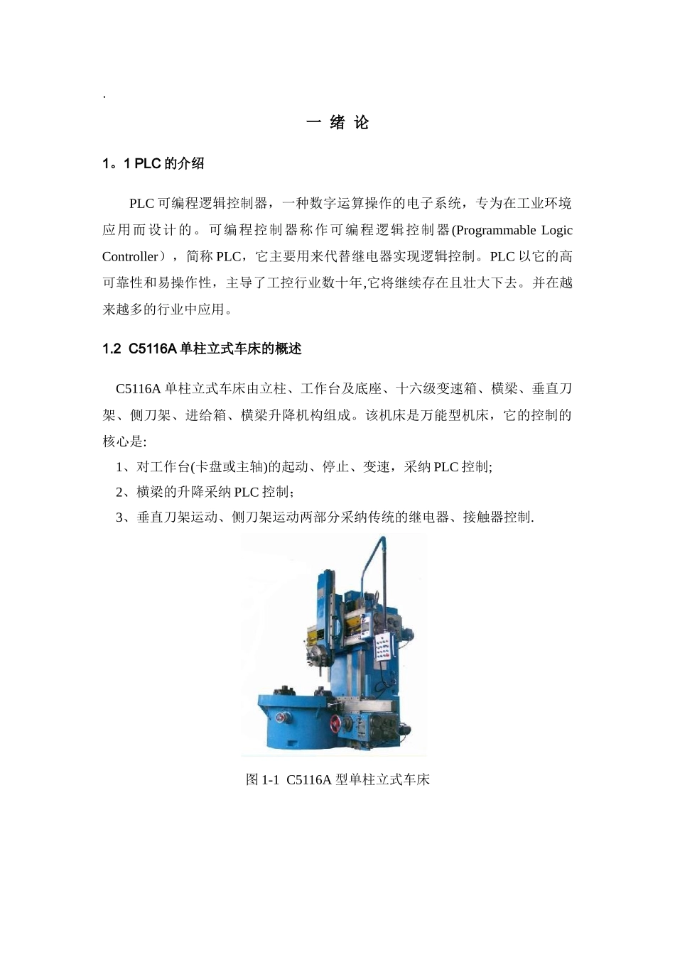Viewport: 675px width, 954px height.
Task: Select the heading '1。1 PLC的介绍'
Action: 153,163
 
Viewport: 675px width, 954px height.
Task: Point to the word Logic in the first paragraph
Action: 557,230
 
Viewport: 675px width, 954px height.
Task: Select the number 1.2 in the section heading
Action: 112,349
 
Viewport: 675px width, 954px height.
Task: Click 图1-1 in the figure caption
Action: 262,779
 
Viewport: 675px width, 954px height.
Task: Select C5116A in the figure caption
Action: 309,779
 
